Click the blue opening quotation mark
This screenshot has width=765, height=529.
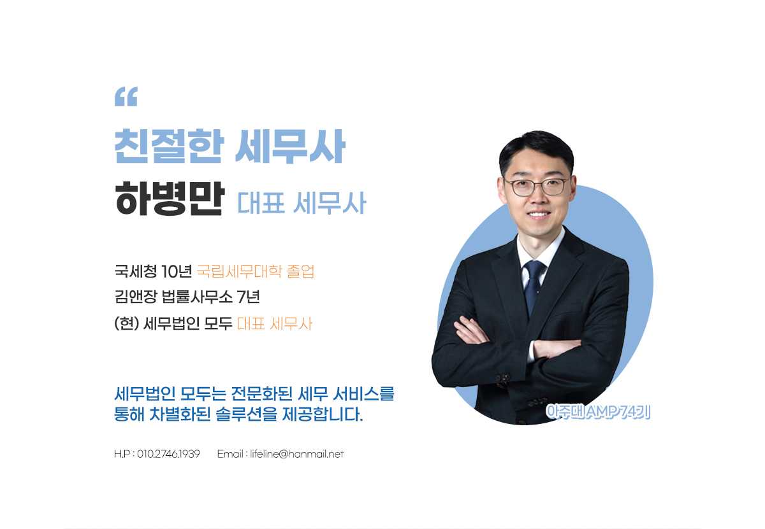[x=126, y=97]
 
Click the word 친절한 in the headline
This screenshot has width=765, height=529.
[x=169, y=146]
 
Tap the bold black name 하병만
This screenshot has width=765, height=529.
[x=170, y=199]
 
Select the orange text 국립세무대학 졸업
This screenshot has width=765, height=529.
[x=256, y=271]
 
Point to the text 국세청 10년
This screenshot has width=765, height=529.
[x=154, y=271]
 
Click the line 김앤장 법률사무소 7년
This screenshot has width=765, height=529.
[x=187, y=297]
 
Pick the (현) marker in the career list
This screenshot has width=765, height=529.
[x=127, y=323]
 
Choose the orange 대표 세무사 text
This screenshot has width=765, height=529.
[x=275, y=323]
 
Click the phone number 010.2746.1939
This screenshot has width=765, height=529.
[x=168, y=454]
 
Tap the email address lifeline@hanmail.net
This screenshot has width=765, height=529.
[x=296, y=454]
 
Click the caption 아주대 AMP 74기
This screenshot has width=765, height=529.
[x=598, y=412]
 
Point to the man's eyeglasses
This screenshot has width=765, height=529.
[x=537, y=187]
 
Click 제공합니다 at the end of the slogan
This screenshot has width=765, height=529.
[x=323, y=414]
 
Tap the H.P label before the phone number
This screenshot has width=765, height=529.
[x=122, y=454]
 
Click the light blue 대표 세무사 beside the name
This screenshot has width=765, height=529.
[x=302, y=203]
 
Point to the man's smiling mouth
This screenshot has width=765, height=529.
[x=538, y=215]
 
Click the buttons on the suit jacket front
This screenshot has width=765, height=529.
[x=504, y=377]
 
